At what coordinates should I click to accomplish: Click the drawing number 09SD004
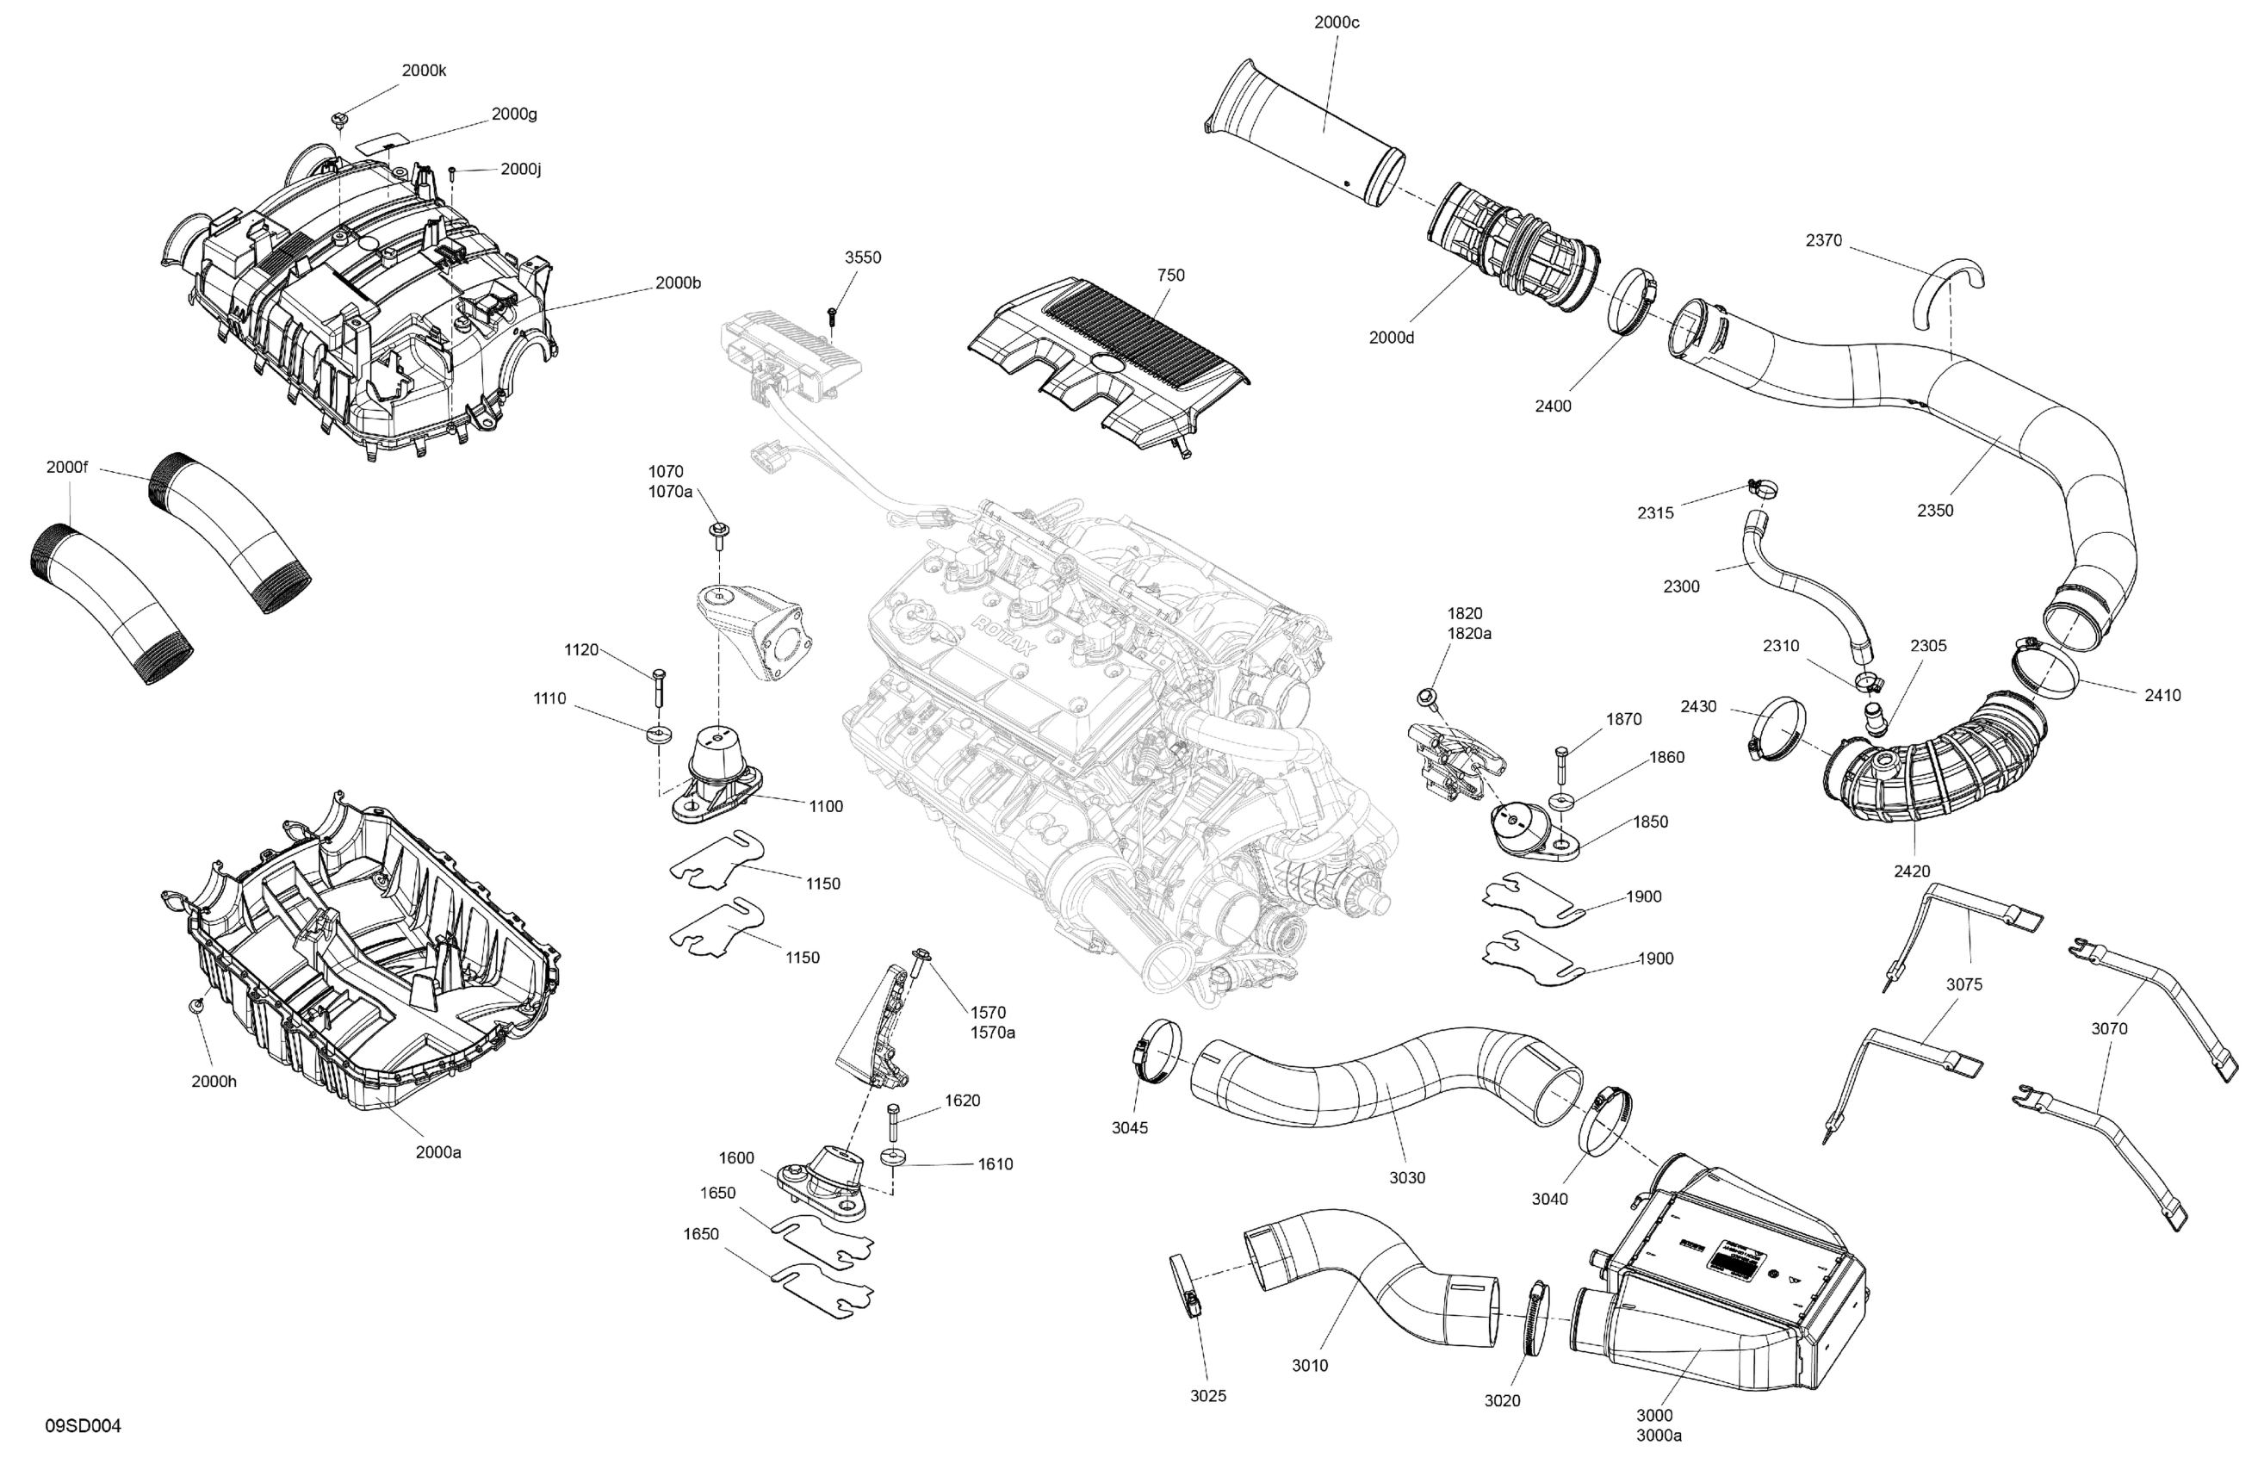[x=84, y=1426]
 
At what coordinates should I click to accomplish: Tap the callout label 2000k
[x=423, y=71]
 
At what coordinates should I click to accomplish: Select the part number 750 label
[x=1170, y=276]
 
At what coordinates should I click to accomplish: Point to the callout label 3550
[x=862, y=257]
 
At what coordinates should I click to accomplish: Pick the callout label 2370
[x=1823, y=241]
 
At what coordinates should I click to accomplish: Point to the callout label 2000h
[x=214, y=1081]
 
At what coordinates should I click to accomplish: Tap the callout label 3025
[x=1207, y=1396]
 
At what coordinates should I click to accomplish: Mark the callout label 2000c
[x=1336, y=22]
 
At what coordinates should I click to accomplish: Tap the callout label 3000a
[x=1659, y=1436]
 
